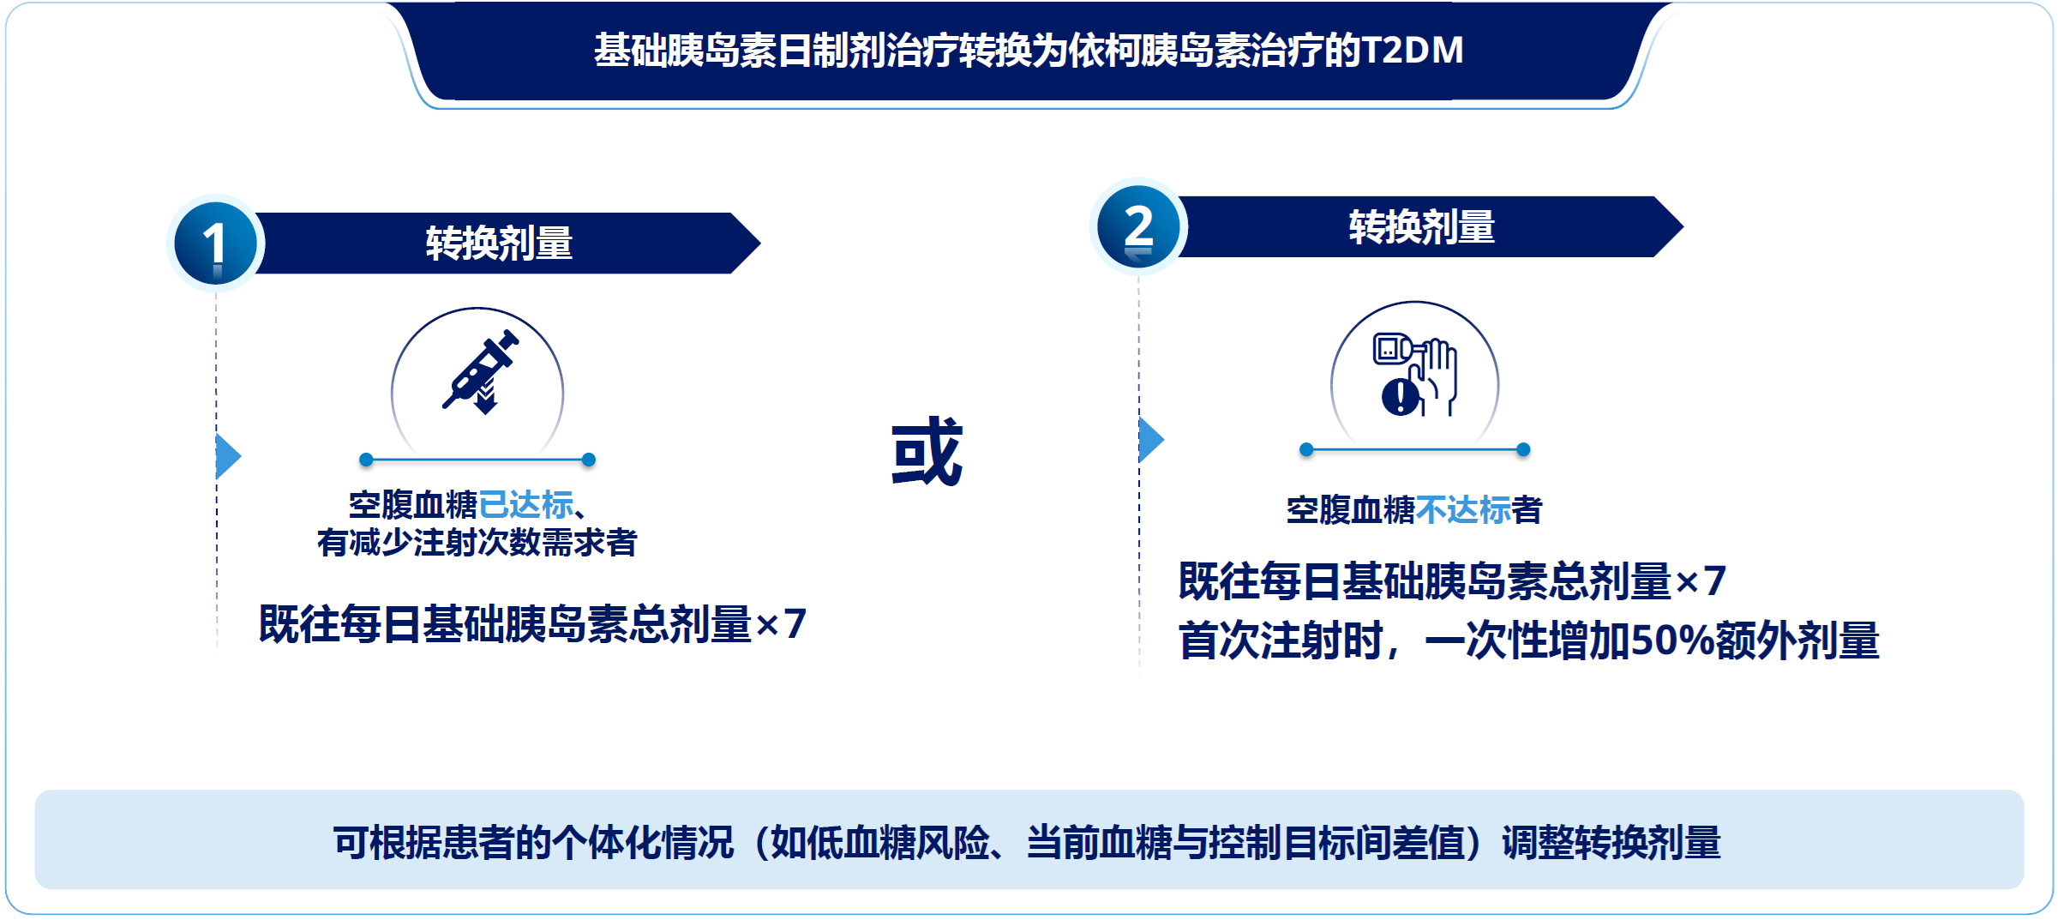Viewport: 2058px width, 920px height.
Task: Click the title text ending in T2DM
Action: (x=1029, y=51)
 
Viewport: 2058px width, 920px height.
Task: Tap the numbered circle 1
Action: (x=215, y=243)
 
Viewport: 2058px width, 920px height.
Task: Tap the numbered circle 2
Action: (x=1138, y=227)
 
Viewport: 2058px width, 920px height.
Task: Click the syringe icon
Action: (x=481, y=372)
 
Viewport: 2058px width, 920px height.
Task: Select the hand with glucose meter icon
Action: (x=1415, y=375)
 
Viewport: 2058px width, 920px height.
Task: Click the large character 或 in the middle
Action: (x=927, y=452)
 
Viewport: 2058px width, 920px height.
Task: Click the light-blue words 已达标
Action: (x=525, y=505)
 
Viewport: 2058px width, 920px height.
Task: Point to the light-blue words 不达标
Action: (x=1463, y=510)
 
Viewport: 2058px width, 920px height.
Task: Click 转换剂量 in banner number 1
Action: (x=499, y=244)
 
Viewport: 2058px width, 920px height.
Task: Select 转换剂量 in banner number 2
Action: (x=1422, y=227)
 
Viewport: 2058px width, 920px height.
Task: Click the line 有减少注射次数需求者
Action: (x=477, y=542)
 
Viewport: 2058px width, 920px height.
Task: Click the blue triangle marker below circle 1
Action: (x=228, y=456)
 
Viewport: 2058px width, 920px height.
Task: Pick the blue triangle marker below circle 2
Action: (x=1151, y=440)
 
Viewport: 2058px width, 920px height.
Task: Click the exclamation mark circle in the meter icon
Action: (x=1400, y=397)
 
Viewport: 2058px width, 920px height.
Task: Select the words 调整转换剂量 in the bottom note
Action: (x=1611, y=843)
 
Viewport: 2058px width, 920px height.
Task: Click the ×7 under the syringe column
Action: (x=781, y=624)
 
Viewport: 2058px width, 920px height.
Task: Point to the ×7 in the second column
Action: (x=1701, y=581)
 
